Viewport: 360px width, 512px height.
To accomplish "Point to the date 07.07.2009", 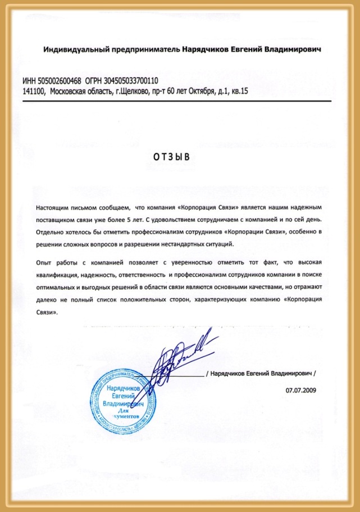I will (x=300, y=389).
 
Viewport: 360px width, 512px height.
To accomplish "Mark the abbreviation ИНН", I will (x=29, y=80).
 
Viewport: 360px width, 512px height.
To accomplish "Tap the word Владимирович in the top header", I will (x=298, y=50).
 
